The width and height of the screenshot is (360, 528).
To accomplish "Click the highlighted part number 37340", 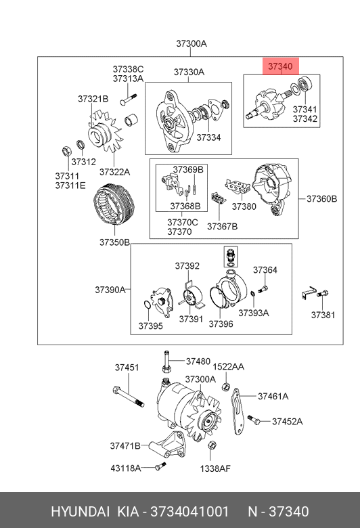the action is point(280,66).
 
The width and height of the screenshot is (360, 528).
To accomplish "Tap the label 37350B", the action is point(114,242).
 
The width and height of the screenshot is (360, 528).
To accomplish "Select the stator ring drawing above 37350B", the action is point(114,204).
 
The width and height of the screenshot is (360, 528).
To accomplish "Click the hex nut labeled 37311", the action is point(66,151).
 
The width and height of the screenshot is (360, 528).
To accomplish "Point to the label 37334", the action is point(208,137).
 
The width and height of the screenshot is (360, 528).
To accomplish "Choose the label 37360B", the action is point(321,198).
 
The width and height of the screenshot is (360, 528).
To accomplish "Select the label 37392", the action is point(187,266).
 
